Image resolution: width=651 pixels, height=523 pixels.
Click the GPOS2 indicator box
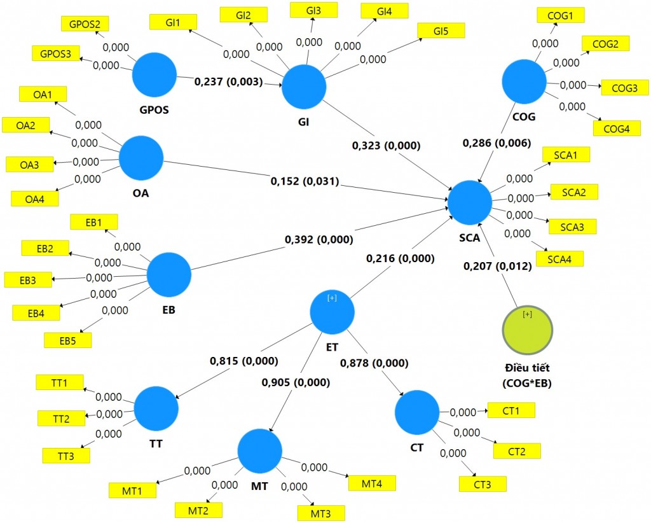pos(85,24)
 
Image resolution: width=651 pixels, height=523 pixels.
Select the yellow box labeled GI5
pos(441,31)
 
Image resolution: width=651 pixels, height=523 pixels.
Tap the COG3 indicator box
pos(624,88)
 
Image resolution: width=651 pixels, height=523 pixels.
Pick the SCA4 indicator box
pos(559,259)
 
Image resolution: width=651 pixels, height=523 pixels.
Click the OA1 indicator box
pos(43,94)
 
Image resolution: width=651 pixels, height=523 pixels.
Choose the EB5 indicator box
pos(67,340)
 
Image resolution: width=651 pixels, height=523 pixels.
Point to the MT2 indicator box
pos(198,510)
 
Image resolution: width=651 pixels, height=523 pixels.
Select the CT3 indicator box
pos(483,484)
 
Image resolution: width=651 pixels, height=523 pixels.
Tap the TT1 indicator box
pos(60,382)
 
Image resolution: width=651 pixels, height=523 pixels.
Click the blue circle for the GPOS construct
pos(154,75)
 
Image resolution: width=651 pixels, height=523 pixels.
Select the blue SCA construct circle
pos(470,203)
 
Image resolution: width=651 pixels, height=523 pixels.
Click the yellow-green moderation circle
pos(527,330)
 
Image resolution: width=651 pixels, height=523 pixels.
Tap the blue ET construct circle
pos(332,312)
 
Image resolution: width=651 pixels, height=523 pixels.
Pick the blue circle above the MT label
pos(260,451)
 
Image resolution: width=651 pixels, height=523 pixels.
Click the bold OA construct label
pos(140,193)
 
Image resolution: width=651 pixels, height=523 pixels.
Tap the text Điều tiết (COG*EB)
pos(527,375)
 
